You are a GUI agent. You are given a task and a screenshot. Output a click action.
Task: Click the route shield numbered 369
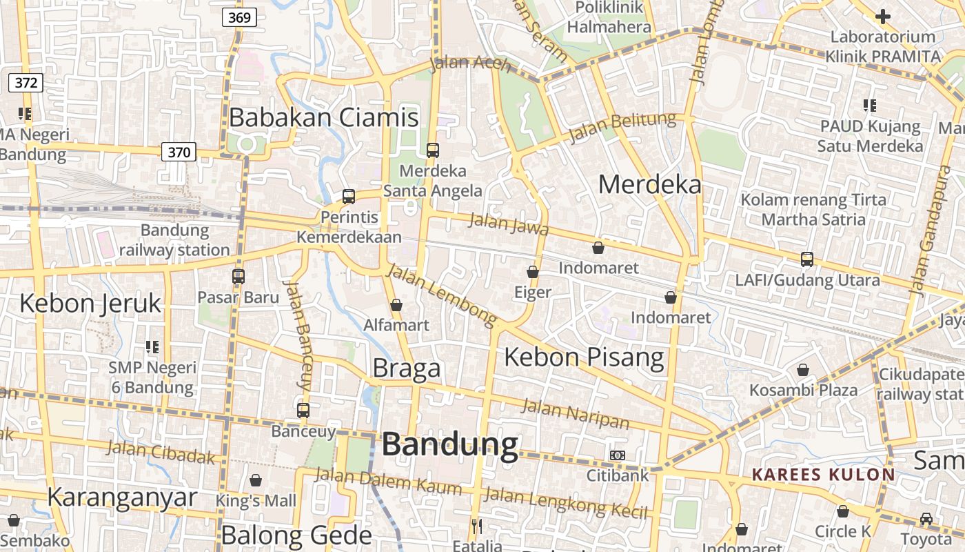[x=239, y=17]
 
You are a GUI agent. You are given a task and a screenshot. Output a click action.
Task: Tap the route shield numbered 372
[x=26, y=83]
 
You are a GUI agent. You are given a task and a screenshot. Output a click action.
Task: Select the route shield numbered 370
[x=179, y=152]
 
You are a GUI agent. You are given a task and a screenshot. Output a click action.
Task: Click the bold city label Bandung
[x=450, y=444]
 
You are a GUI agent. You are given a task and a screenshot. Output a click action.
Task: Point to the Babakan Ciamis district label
[x=323, y=117]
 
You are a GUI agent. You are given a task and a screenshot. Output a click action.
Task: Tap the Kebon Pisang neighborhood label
[x=585, y=357]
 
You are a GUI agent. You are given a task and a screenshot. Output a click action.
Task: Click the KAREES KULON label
[x=823, y=475]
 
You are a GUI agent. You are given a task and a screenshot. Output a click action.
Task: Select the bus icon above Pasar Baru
[x=238, y=277]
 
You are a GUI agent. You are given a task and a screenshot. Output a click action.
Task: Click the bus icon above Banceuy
[x=303, y=411]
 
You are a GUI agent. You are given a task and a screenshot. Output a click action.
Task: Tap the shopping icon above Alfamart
[x=396, y=304]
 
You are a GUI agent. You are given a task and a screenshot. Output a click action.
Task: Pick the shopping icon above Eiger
[x=533, y=272]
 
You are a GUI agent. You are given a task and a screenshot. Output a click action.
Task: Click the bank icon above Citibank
[x=618, y=455]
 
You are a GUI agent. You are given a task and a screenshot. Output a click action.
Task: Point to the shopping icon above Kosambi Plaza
[x=803, y=370]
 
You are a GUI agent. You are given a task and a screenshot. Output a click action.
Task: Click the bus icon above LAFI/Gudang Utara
[x=807, y=259]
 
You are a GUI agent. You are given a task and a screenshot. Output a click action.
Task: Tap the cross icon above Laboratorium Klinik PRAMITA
[x=883, y=17]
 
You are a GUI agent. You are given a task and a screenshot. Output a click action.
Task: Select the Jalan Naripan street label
[x=576, y=413]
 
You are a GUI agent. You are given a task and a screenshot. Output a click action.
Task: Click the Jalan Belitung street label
[x=622, y=126]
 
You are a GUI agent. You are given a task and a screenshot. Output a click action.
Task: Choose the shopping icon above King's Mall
[x=256, y=480]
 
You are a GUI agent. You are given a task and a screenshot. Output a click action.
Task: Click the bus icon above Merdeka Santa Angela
[x=433, y=150]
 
